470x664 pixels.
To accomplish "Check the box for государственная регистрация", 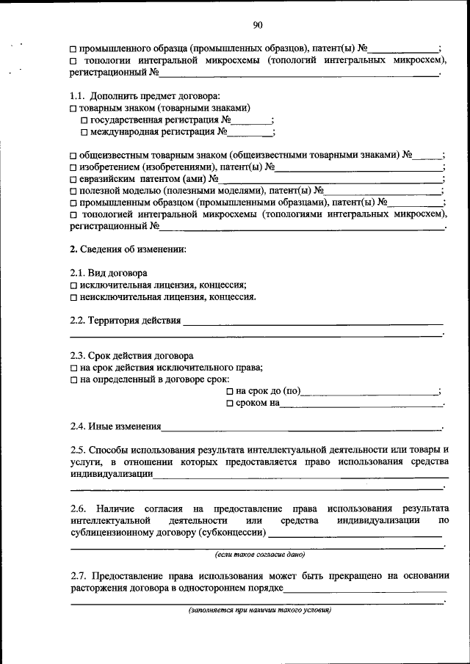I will point(84,120).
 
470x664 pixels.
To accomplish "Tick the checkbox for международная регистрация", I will point(84,133).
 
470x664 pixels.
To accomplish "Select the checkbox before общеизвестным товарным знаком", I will point(73,156).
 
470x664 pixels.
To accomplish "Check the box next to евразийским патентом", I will point(73,179).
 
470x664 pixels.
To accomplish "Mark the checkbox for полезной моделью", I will point(73,191).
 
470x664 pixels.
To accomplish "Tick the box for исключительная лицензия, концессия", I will point(73,285).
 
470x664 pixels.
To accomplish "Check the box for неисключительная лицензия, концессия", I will point(73,298).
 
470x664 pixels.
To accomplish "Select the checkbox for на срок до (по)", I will point(230,392).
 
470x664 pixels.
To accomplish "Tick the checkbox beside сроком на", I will point(230,404).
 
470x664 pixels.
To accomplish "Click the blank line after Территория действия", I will point(313,321).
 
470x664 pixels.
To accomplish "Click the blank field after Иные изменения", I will point(301,426).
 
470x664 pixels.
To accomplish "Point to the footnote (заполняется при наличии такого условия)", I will point(259,610).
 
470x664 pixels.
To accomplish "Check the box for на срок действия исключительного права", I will point(73,368).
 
